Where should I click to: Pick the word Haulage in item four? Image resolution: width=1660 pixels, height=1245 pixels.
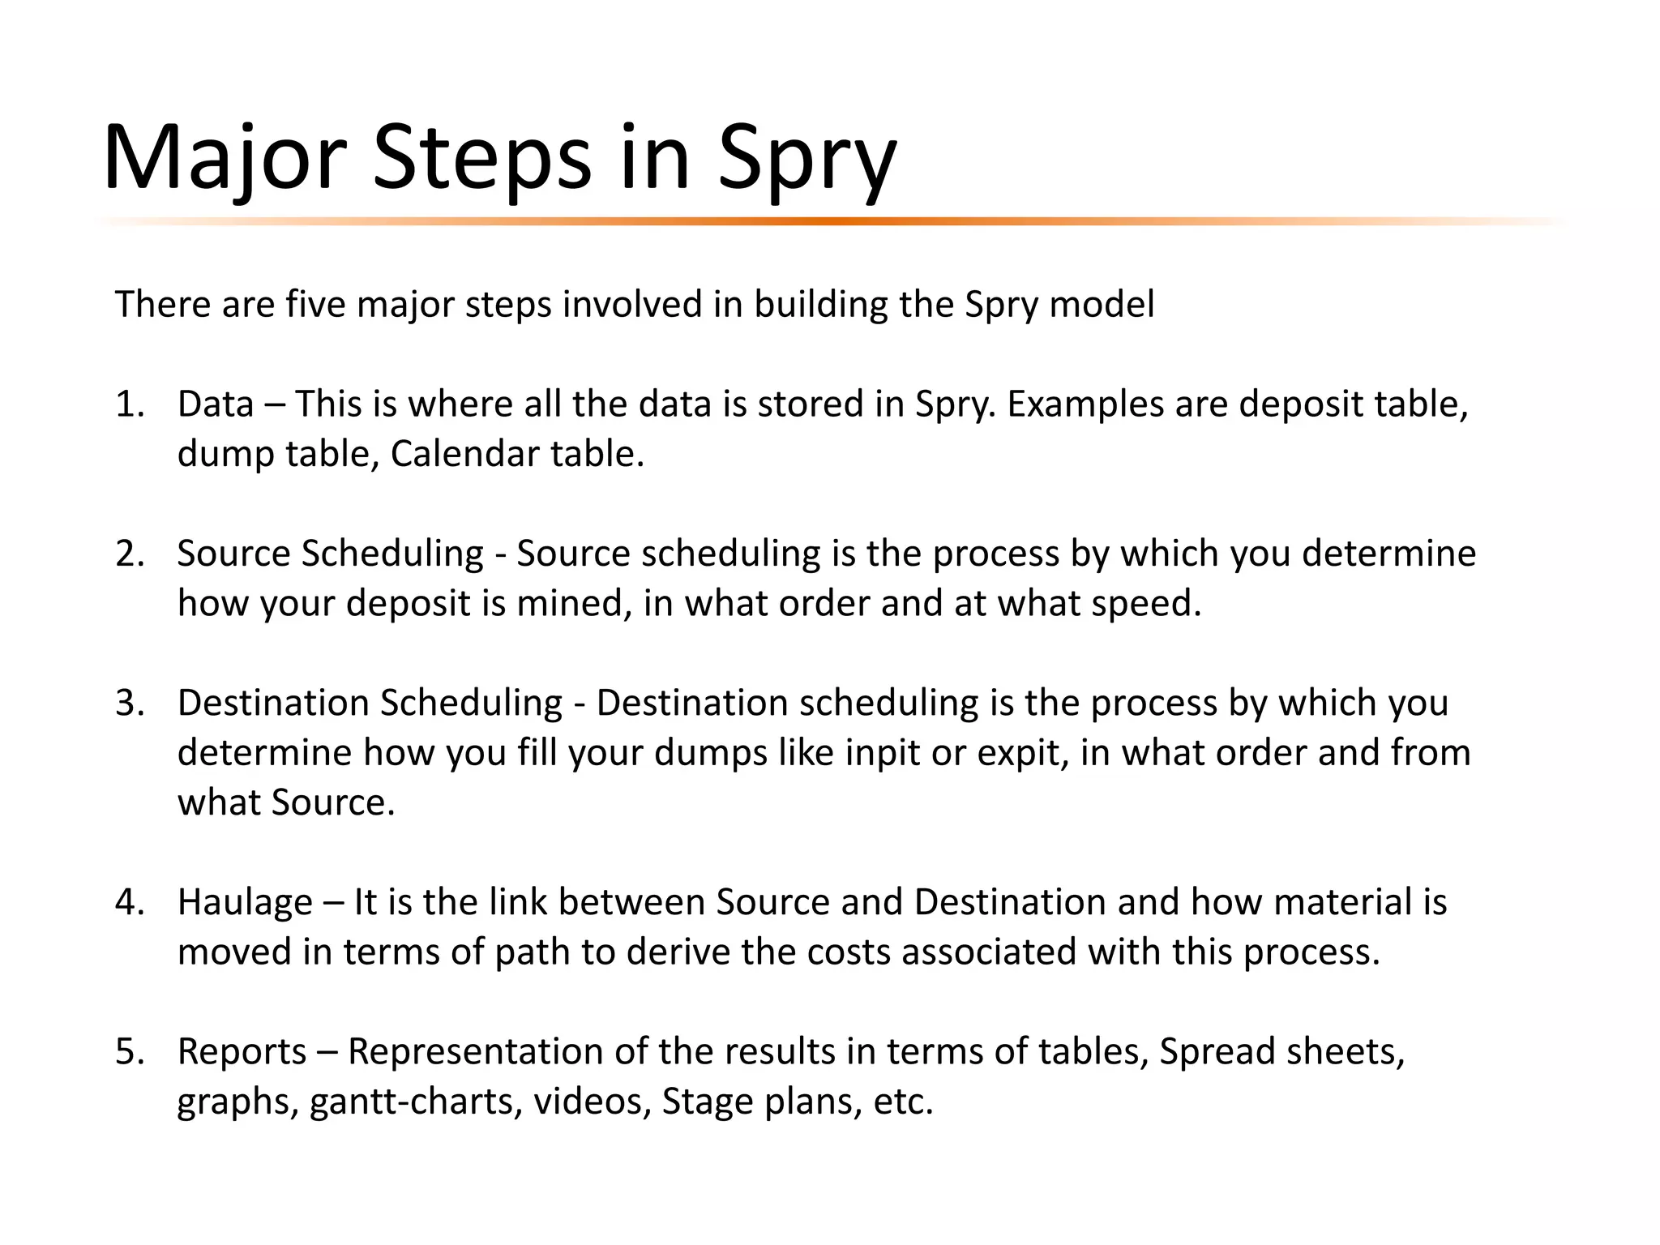[x=245, y=902]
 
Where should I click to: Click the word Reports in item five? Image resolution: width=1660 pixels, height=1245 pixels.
[x=242, y=1051]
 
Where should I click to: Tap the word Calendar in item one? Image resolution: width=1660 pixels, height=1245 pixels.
[x=464, y=454]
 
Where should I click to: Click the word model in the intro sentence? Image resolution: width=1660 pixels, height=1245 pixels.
[x=1102, y=305]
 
